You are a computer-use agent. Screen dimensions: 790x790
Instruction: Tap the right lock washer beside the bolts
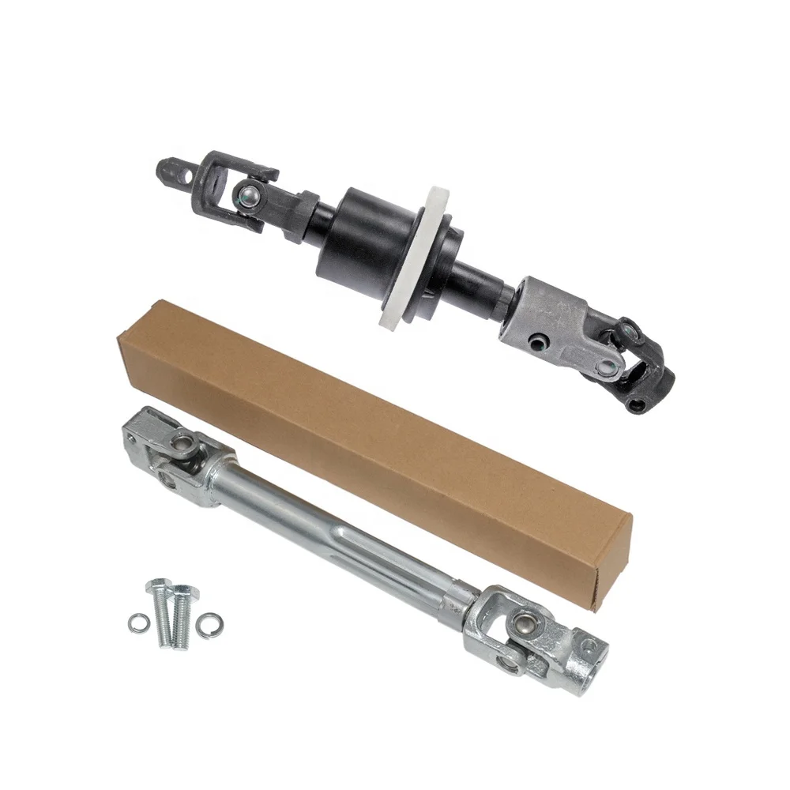(210, 620)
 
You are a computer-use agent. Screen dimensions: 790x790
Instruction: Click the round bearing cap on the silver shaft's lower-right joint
(522, 626)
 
